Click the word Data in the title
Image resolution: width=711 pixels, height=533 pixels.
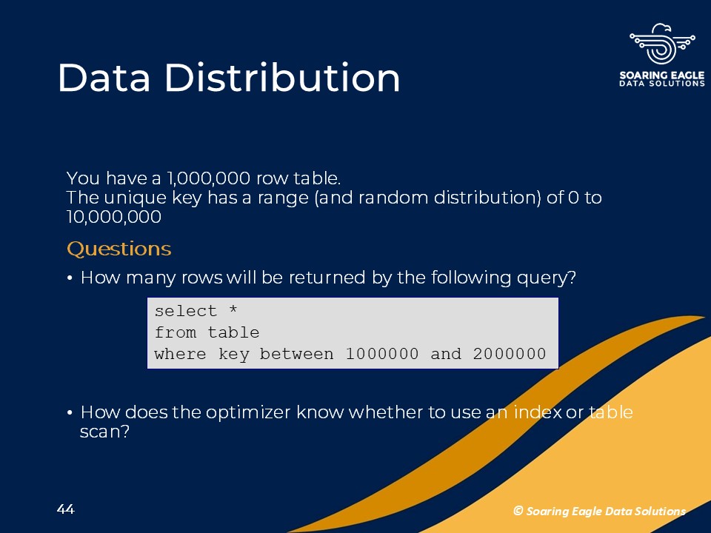(x=104, y=78)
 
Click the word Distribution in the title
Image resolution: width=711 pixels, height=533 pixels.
(x=282, y=78)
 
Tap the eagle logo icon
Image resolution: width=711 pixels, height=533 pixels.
(x=662, y=44)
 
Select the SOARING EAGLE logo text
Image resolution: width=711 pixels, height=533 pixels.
(x=662, y=76)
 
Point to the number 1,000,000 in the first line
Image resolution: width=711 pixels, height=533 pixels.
(x=208, y=178)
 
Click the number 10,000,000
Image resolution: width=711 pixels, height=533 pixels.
(x=113, y=217)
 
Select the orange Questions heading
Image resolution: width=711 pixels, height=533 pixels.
(x=118, y=249)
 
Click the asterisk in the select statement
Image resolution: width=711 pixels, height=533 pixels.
(x=233, y=310)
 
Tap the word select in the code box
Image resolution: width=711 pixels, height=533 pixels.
(x=185, y=311)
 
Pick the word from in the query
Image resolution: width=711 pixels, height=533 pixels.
(x=175, y=332)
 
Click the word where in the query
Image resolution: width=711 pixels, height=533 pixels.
(x=180, y=354)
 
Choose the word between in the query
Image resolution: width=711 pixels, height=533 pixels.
(x=296, y=354)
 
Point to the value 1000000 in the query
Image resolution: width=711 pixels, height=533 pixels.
(x=382, y=354)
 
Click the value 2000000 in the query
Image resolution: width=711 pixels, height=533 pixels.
(x=510, y=354)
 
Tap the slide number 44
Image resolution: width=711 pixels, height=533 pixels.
(x=66, y=509)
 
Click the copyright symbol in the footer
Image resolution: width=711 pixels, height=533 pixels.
(x=518, y=511)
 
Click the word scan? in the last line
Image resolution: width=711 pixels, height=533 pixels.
(x=104, y=432)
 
